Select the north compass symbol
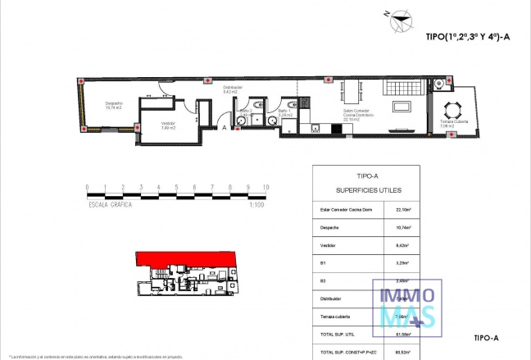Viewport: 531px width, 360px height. click(399, 18)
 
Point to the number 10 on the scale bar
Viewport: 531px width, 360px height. click(265, 188)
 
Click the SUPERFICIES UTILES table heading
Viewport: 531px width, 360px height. click(367, 189)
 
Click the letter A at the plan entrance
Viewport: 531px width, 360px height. click(224, 127)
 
